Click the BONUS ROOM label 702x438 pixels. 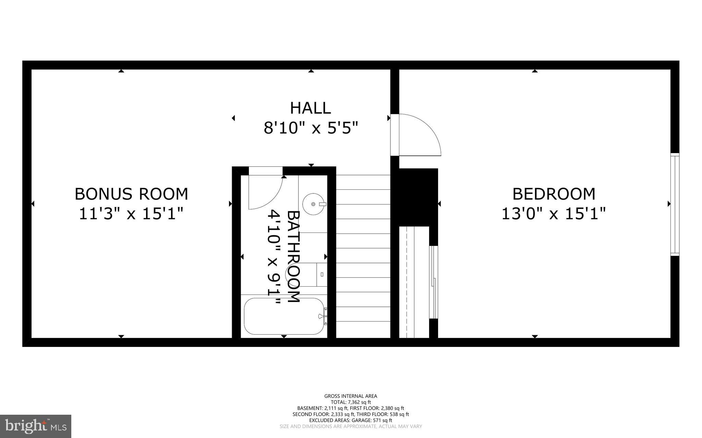click(131, 194)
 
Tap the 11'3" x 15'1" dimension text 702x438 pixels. click(131, 214)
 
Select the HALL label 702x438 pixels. click(311, 108)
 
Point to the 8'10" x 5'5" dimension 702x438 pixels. click(311, 128)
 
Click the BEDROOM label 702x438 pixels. click(554, 194)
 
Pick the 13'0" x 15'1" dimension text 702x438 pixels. click(554, 214)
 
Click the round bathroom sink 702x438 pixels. click(313, 204)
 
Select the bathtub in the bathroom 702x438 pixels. click(283, 316)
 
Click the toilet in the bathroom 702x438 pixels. click(317, 274)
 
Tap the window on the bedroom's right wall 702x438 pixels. click(675, 204)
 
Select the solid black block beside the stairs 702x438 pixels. click(419, 197)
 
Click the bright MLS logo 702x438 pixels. click(36, 426)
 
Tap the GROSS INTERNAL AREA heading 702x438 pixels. click(351, 396)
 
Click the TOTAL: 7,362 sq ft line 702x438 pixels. click(351, 402)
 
